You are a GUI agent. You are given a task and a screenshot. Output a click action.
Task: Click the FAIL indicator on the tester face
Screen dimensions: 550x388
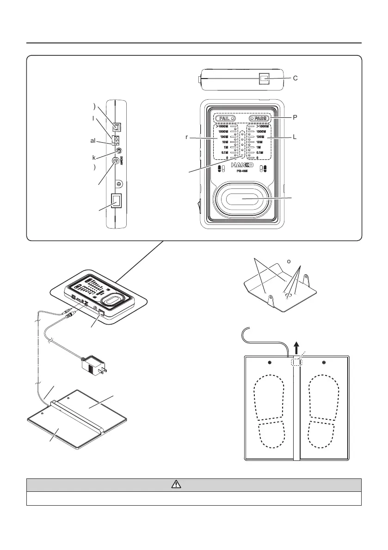[x=225, y=118]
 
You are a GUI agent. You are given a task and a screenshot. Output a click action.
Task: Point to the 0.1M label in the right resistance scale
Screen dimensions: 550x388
[x=259, y=152]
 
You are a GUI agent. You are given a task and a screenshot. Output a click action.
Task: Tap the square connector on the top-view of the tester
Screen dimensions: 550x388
[x=265, y=79]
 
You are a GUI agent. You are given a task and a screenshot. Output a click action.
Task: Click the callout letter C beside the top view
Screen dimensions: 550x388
[x=295, y=79]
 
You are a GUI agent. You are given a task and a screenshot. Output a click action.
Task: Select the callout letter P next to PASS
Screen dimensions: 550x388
[x=295, y=117]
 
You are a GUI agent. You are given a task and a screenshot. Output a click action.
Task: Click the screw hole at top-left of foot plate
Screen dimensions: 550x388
[x=269, y=362]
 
